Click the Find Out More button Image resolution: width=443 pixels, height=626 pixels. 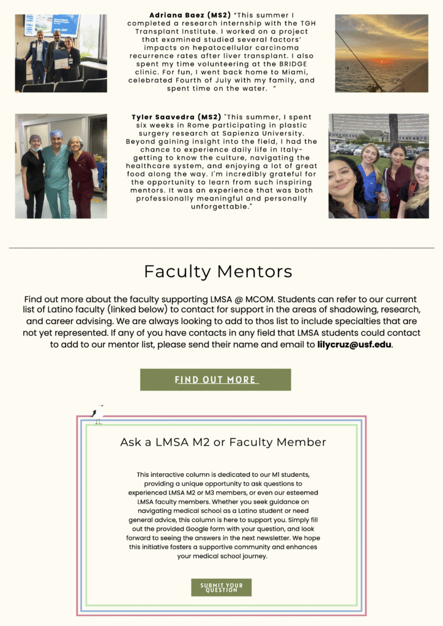click(x=215, y=380)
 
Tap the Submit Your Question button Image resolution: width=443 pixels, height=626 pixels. click(x=221, y=587)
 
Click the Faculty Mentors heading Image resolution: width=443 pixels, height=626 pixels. click(x=218, y=271)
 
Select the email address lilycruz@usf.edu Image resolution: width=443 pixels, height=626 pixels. click(x=354, y=344)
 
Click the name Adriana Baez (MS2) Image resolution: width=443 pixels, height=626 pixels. click(x=187, y=15)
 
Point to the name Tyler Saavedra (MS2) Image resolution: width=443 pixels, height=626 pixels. click(x=176, y=117)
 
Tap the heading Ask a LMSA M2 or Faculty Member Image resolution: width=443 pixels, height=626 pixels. click(x=223, y=442)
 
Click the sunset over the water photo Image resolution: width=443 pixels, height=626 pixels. click(x=381, y=53)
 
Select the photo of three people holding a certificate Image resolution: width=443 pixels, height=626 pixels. click(x=61, y=53)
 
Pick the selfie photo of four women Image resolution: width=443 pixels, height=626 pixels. click(x=378, y=166)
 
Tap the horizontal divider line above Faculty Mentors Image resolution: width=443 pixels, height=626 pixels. click(x=221, y=248)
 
